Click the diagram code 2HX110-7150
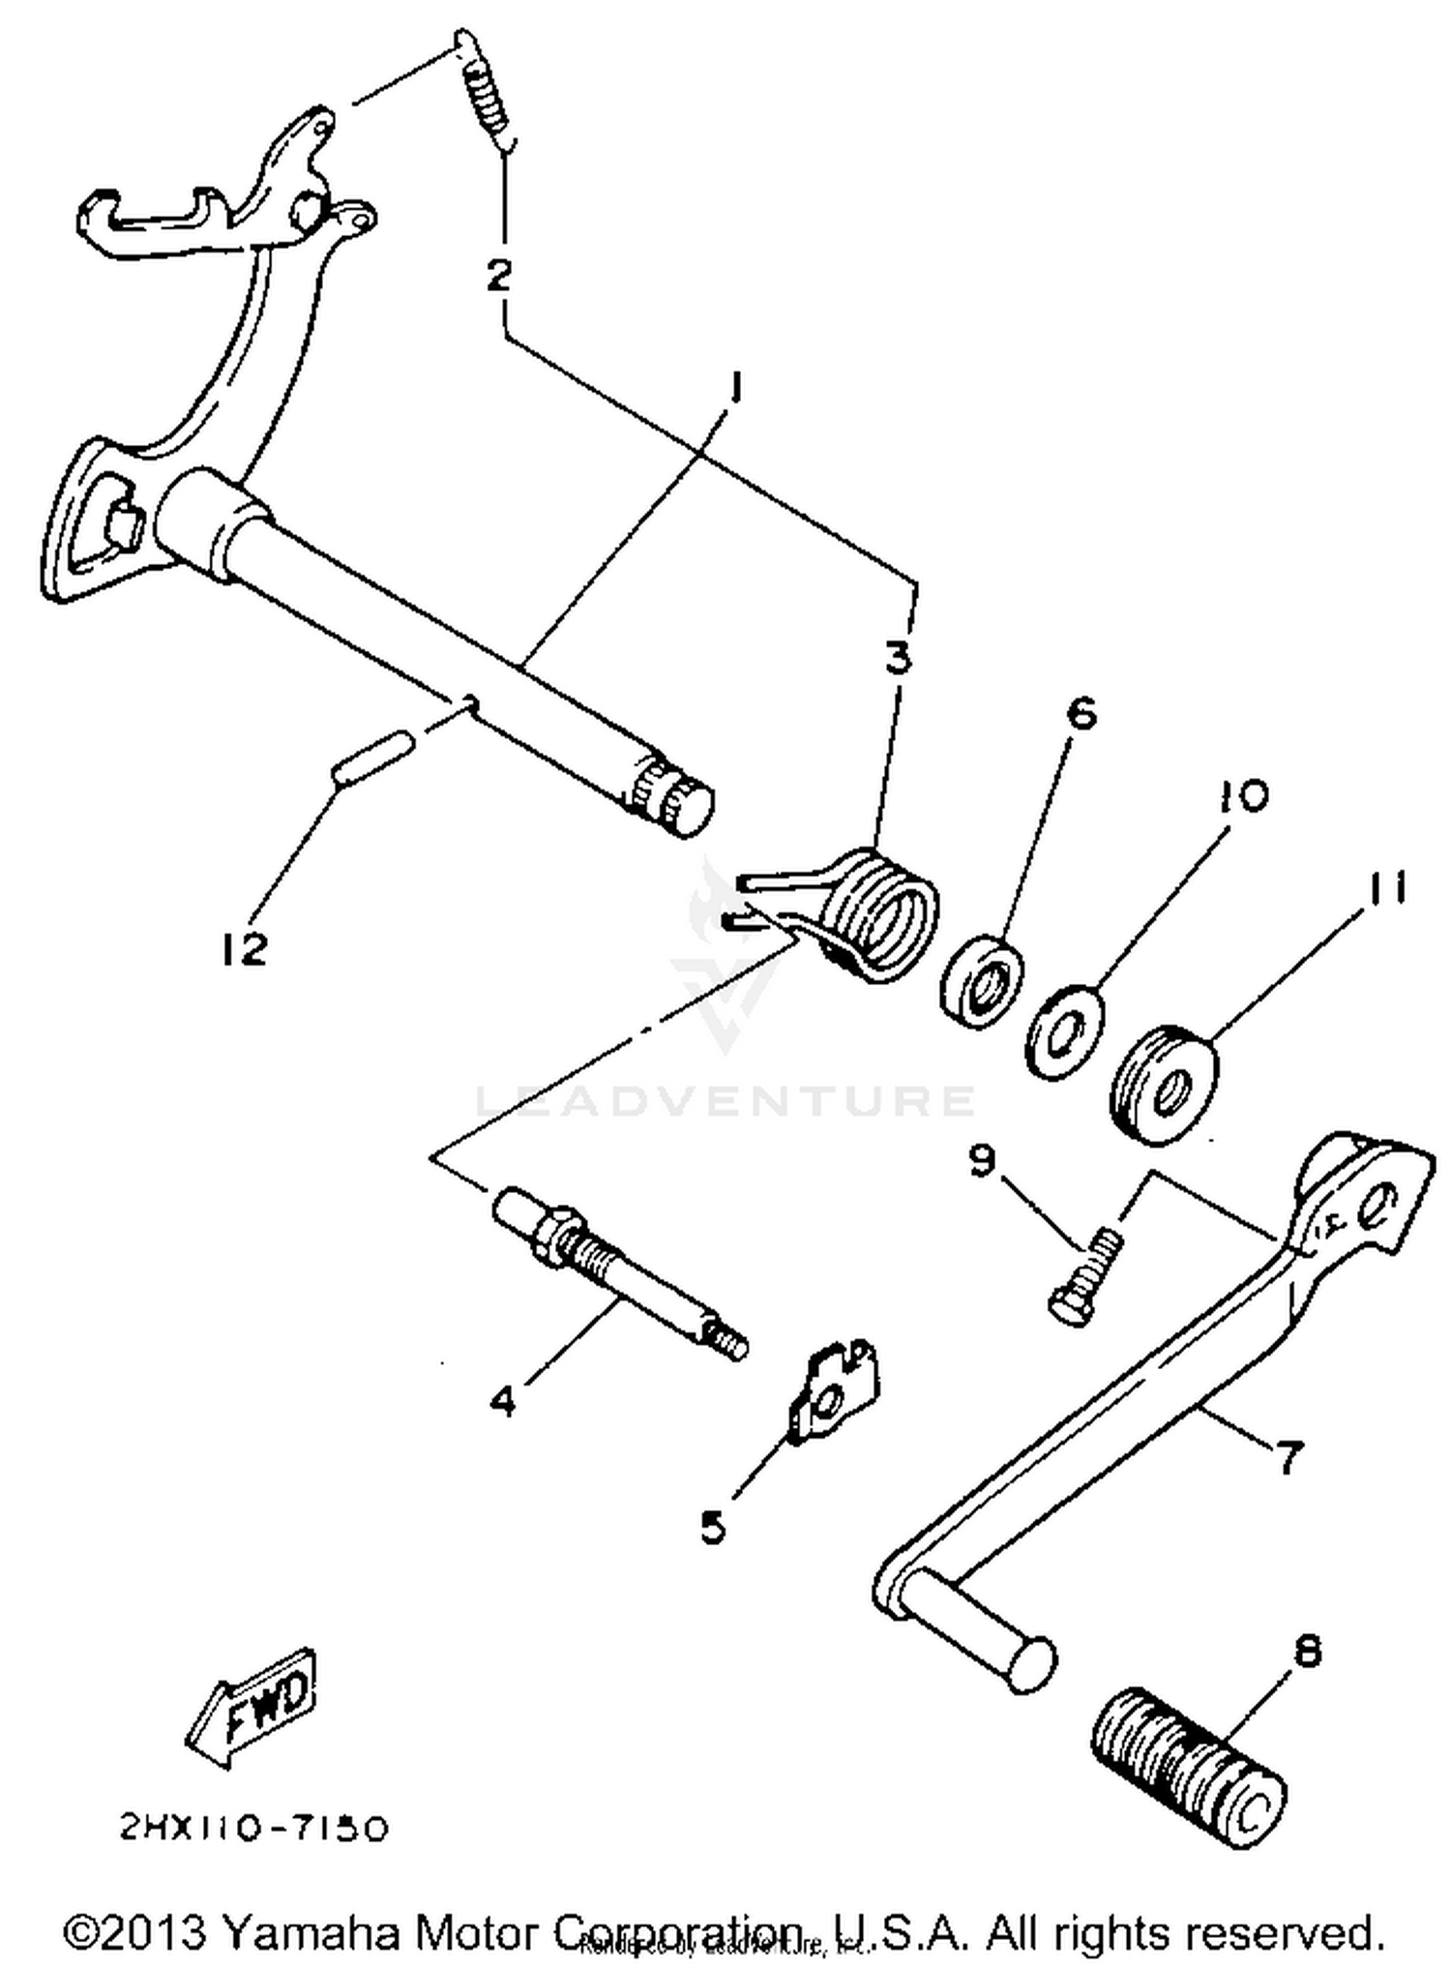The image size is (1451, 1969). coord(254,1828)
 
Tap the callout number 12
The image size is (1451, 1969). coord(242,949)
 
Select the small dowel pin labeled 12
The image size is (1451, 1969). coord(373,760)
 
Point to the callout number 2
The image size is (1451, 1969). coord(498,276)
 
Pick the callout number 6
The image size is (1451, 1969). coord(1081,715)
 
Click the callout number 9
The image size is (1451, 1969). coord(983,1159)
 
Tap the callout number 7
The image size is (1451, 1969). coord(1289,1457)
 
